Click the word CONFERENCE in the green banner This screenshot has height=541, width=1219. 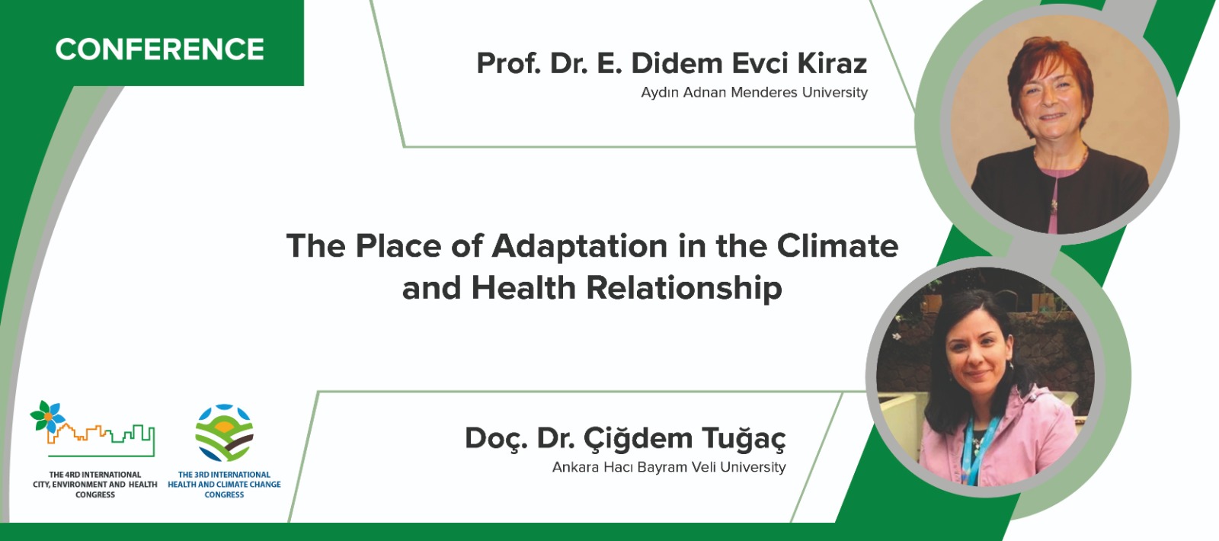(x=159, y=50)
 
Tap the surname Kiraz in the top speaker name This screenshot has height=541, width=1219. (x=832, y=63)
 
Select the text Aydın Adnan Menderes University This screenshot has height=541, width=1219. (x=754, y=92)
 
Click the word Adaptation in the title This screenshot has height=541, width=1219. (x=580, y=246)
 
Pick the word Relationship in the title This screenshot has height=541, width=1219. (x=684, y=288)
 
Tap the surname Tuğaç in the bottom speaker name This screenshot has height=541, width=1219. (x=744, y=439)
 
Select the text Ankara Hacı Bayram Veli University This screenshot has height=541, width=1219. (x=669, y=468)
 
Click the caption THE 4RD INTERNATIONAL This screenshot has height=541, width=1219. (x=95, y=475)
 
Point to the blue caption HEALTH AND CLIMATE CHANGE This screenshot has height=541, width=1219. (x=224, y=485)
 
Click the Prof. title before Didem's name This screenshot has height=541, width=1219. (x=508, y=63)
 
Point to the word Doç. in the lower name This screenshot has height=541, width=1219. (x=496, y=439)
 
